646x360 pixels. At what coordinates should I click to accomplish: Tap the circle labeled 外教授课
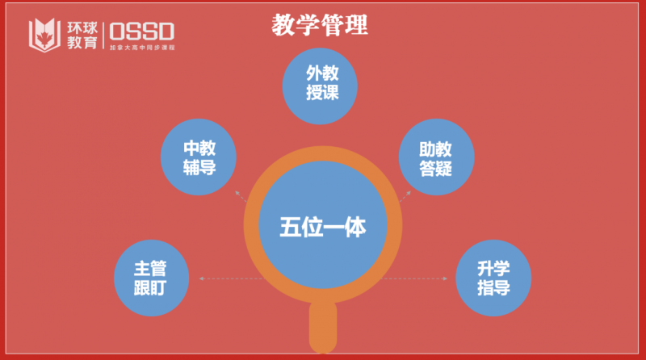coord(321,83)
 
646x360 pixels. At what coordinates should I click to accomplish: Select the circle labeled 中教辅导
coord(199,157)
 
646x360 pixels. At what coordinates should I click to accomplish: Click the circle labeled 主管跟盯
coord(151,278)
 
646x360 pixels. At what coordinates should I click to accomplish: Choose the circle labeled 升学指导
coord(493,278)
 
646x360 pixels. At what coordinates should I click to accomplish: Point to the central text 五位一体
coord(323,228)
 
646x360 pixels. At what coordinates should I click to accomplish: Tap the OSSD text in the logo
coord(141,31)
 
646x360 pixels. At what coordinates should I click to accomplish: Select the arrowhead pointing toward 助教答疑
coord(409,194)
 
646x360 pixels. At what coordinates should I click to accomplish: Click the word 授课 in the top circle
coord(321,92)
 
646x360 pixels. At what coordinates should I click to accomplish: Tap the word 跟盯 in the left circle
coord(151,287)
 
